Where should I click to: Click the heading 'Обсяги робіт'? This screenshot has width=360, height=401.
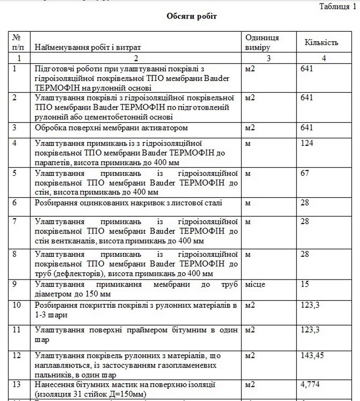coord(191,17)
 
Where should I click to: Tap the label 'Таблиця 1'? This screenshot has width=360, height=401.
coord(337,6)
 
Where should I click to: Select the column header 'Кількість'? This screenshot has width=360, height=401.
coord(321,43)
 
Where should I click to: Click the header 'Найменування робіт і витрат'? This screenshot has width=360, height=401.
coord(88,47)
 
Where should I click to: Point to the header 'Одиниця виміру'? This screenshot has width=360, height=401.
coord(262,43)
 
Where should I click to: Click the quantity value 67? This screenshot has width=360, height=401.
coord(305,173)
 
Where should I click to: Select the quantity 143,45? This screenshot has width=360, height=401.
coord(312,355)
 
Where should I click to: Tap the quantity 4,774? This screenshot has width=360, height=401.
coord(310,384)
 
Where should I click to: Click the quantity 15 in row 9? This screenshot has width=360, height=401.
coord(305,284)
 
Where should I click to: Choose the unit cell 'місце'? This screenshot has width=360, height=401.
coord(255,284)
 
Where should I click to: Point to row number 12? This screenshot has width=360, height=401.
coord(17,355)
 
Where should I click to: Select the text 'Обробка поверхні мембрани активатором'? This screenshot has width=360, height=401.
coord(111,128)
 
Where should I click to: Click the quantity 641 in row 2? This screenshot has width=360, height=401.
coord(307,97)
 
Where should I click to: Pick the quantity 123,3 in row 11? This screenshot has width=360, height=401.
coord(310,329)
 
